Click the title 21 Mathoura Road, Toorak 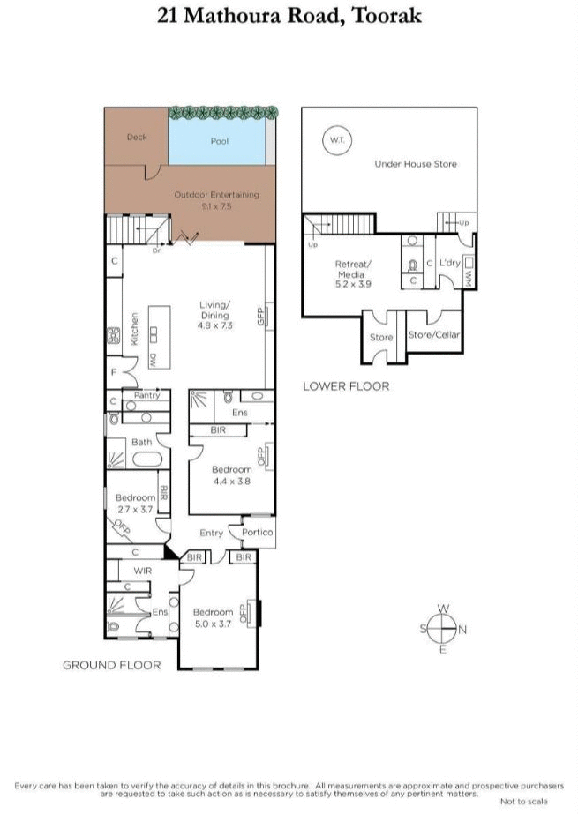pyautogui.click(x=289, y=16)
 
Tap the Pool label pyautogui.click(x=219, y=141)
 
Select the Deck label pyautogui.click(x=136, y=137)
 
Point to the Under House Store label pyautogui.click(x=415, y=164)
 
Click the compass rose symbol pyautogui.click(x=443, y=629)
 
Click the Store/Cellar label pyautogui.click(x=433, y=335)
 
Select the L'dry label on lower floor pyautogui.click(x=449, y=263)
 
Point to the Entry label pyautogui.click(x=211, y=533)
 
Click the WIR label pyautogui.click(x=143, y=571)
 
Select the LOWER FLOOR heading pyautogui.click(x=345, y=386)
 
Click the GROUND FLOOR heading pyautogui.click(x=111, y=665)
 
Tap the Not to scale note pyautogui.click(x=523, y=801)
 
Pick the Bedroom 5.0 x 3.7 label pyautogui.click(x=214, y=617)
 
